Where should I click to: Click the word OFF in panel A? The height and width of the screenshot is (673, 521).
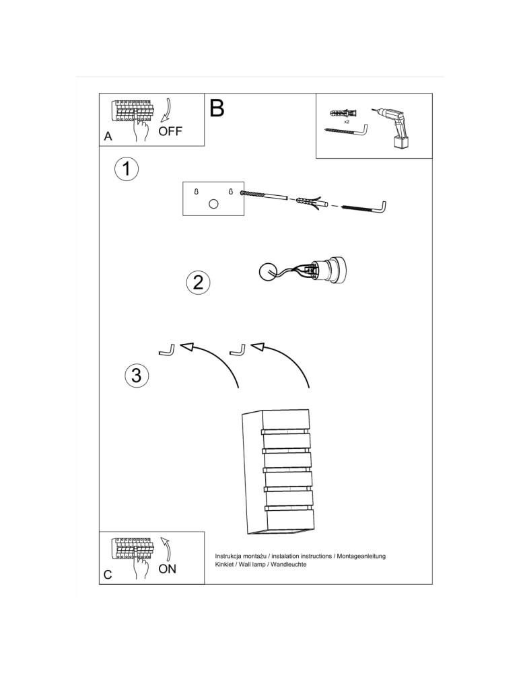tap(170, 131)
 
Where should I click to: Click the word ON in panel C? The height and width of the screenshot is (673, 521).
tap(167, 569)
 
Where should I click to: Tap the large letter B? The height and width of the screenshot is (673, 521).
tap(217, 108)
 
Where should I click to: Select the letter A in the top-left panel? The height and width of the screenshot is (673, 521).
tap(108, 137)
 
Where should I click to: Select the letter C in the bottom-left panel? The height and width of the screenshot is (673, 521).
tap(108, 575)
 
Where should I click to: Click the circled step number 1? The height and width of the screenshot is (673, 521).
tap(126, 168)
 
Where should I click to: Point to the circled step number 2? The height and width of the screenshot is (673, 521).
tap(197, 282)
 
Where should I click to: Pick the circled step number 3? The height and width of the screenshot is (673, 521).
tap(136, 375)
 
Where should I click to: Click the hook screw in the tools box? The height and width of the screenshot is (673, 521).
tap(346, 131)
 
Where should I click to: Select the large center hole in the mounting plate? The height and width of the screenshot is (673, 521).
tap(213, 205)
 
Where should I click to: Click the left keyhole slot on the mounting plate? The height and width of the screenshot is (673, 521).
tap(197, 192)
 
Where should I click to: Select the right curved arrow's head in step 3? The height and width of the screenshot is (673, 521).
tap(257, 347)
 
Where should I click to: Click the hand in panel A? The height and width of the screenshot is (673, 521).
tap(141, 129)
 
